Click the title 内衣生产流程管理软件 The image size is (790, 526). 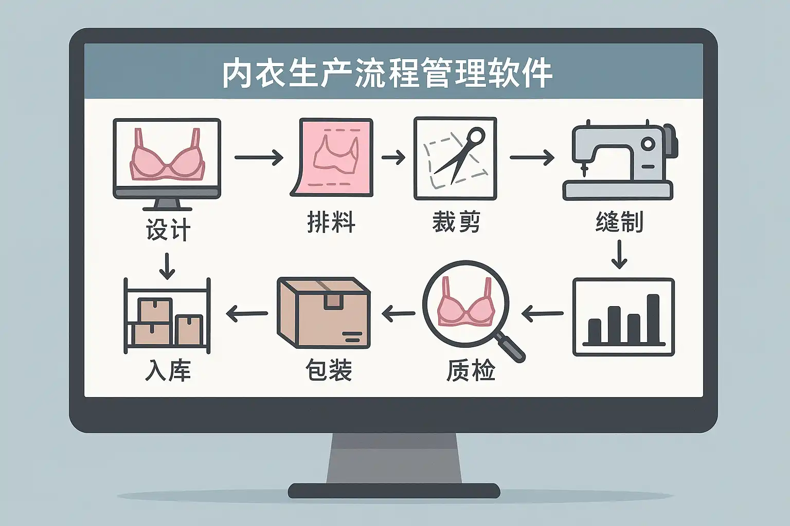coord(387,74)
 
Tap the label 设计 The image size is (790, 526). coord(168,229)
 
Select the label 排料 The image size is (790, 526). coord(331,223)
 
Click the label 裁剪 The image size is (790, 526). coord(456,223)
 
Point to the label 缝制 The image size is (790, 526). coord(619,222)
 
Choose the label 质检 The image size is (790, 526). coord(470,370)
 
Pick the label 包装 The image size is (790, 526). coord(328,370)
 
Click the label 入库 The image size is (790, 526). coord(168,370)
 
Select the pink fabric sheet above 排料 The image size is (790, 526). coord(332,157)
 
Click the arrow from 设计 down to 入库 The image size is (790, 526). coord(167,266)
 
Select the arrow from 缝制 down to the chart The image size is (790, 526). coord(619,255)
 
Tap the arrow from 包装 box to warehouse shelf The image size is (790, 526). coord(247,313)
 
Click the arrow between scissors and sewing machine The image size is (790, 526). coord(532,158)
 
